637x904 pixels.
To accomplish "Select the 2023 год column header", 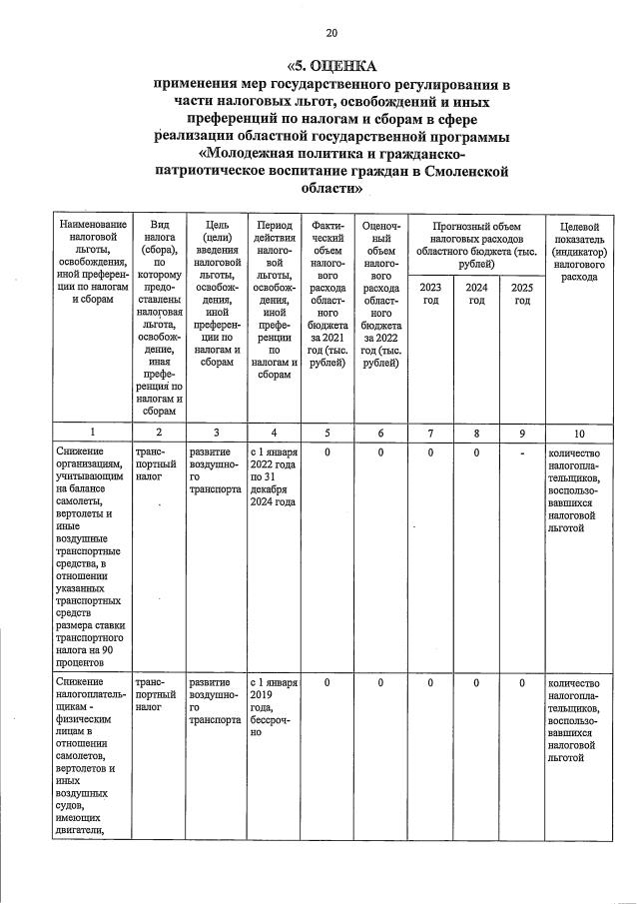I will click(x=431, y=294).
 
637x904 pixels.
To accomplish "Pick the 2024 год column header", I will click(x=477, y=294).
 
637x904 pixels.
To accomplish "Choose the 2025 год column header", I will click(x=522, y=294).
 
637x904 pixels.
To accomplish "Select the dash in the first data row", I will click(x=522, y=452).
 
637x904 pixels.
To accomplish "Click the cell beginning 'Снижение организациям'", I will click(x=94, y=555).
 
